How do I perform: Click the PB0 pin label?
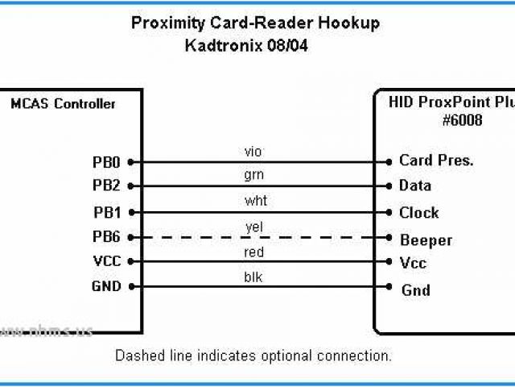pos(106,162)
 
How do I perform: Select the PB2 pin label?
pos(106,186)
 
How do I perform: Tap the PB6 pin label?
pos(106,237)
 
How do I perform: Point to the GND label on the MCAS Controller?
pos(106,286)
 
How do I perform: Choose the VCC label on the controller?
pos(106,261)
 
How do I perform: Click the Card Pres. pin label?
pos(436,160)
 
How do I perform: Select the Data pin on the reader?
pos(415,185)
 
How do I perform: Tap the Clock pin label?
pos(419,213)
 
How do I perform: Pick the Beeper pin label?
pos(426,240)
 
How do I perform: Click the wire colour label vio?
pos(253,151)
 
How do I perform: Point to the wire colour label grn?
pos(253,174)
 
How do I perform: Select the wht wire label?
pos(255,201)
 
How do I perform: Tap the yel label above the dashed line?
pos(253,227)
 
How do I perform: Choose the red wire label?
pos(253,252)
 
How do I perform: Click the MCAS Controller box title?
pos(63,104)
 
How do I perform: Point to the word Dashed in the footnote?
pos(138,355)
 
